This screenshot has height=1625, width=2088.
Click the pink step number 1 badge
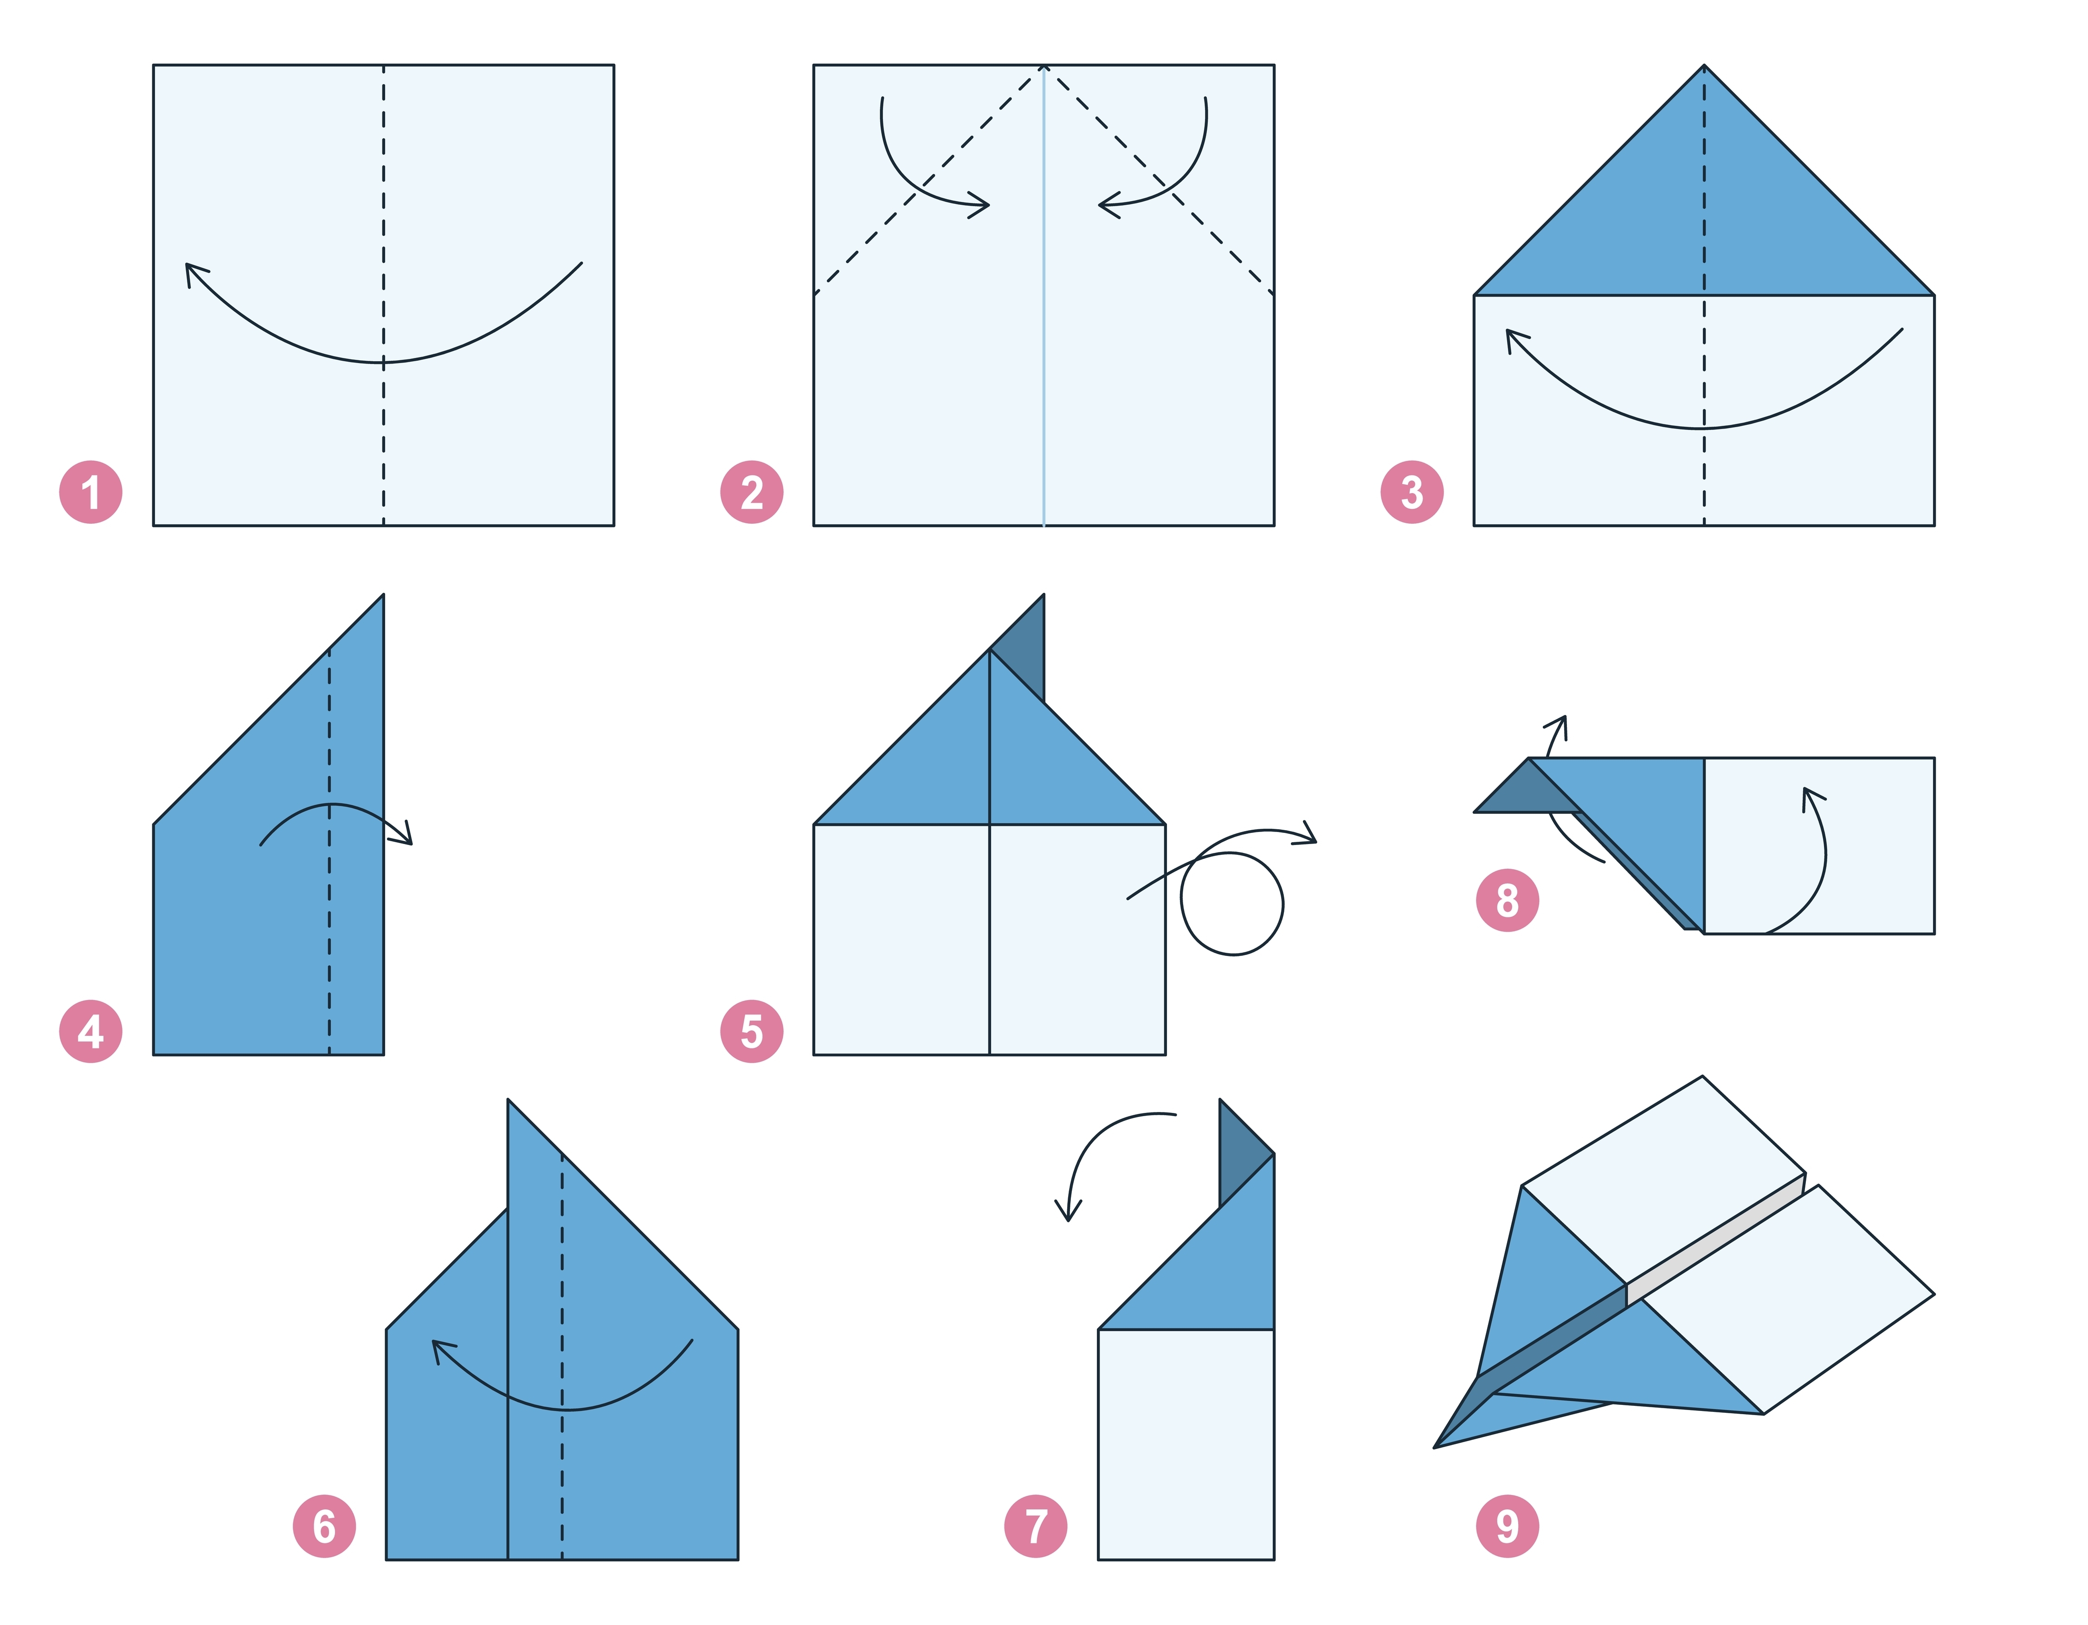click(x=91, y=493)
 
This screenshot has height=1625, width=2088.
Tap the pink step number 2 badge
click(x=752, y=493)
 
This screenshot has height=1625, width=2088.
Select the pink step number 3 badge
click(x=1412, y=493)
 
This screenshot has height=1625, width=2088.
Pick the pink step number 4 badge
click(x=91, y=1031)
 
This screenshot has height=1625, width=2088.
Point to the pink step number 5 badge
click(x=752, y=1031)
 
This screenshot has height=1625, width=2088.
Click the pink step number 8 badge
click(x=1508, y=900)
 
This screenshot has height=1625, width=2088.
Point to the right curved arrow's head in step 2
click(x=1109, y=205)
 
